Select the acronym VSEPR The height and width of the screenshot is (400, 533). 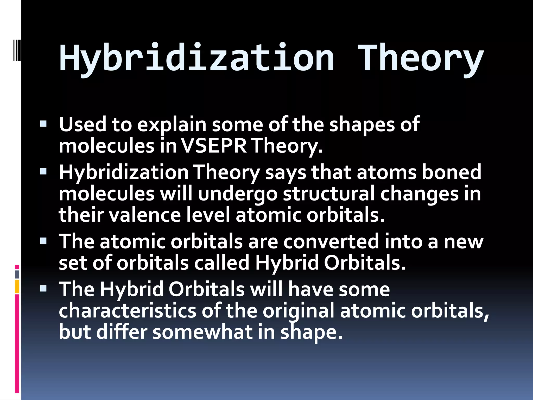214,146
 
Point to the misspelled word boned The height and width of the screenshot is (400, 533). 452,172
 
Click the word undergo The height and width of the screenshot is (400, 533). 237,194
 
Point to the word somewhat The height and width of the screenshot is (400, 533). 202,332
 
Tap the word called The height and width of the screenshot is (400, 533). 222,263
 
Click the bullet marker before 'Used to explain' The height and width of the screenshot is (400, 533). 43,123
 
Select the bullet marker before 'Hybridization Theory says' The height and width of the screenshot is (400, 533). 43,171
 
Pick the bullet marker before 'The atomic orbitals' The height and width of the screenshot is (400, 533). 43,241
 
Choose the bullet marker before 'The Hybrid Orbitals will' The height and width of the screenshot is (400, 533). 43,288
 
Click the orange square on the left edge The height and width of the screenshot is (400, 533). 17,286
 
